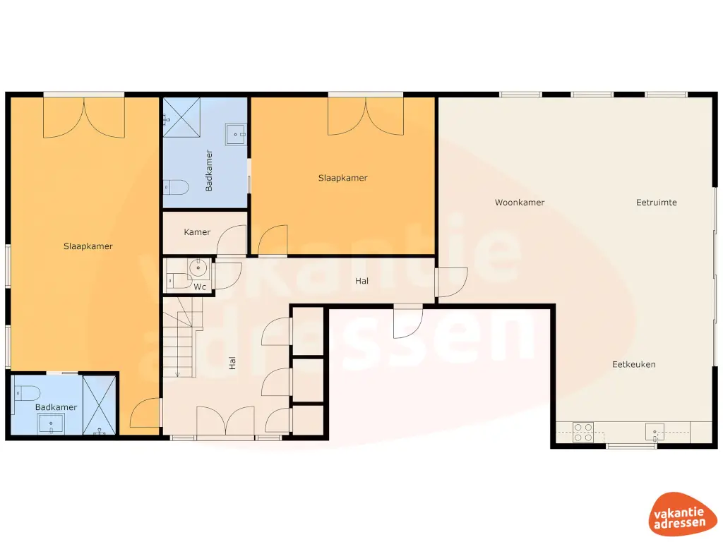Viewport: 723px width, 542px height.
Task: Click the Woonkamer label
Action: [x=519, y=203]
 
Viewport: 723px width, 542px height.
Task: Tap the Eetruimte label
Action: [x=656, y=203]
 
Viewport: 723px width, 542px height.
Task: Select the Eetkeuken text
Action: [x=633, y=365]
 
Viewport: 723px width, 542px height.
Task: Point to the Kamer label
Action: [x=197, y=232]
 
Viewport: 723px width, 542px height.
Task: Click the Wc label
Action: [x=200, y=287]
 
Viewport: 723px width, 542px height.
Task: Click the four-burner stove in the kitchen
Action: [x=582, y=432]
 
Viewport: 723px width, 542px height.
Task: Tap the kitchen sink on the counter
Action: [x=655, y=431]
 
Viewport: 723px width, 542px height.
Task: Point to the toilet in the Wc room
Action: [x=173, y=282]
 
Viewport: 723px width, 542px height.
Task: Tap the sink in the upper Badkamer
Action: [x=236, y=133]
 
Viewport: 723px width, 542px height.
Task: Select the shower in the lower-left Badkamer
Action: [x=99, y=405]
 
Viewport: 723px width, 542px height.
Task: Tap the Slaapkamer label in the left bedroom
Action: [x=88, y=246]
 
